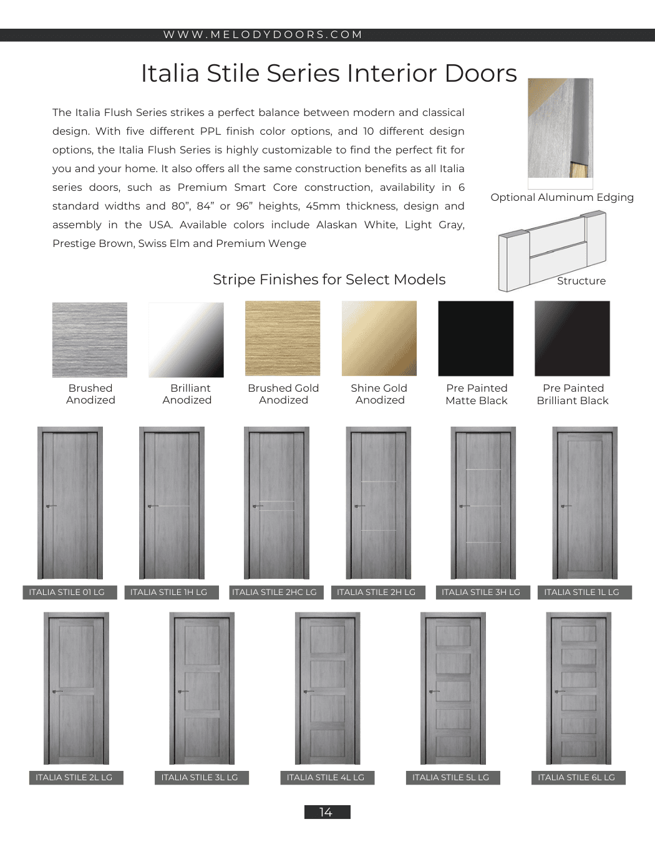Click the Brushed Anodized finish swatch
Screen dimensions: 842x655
(90, 340)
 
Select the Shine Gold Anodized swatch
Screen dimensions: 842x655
(379, 339)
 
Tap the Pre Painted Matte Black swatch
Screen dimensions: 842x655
(476, 339)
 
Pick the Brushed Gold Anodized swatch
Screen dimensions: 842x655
(283, 339)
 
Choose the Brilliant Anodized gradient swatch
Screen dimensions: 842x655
(186, 340)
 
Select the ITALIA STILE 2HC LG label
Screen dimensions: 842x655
(274, 593)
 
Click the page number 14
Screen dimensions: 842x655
(327, 812)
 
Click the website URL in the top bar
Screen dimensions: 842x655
(263, 35)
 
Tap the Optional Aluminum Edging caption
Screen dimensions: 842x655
(562, 198)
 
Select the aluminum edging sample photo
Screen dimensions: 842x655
(560, 128)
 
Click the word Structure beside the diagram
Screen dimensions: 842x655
(581, 281)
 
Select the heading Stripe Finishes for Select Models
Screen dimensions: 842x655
(329, 279)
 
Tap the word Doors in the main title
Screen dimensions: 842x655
(481, 74)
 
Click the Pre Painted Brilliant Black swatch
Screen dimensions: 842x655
(573, 339)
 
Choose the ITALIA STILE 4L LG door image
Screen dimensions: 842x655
(327, 688)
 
